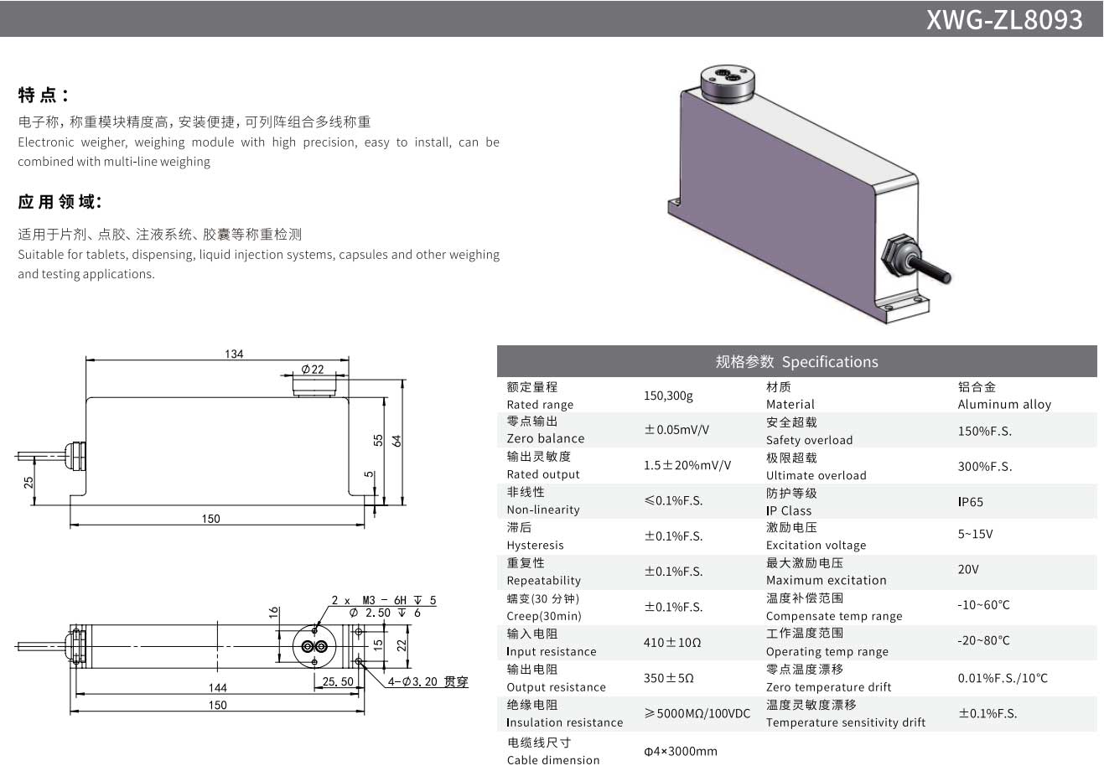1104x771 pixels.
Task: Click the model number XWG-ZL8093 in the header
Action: pos(1003,19)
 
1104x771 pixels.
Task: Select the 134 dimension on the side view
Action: pos(234,354)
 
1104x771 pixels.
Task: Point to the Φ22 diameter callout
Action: pos(313,370)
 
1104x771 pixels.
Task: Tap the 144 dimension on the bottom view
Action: pos(217,687)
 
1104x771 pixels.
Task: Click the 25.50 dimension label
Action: pos(338,682)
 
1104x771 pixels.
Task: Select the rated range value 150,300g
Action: pos(668,396)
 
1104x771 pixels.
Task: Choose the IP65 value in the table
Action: pos(971,502)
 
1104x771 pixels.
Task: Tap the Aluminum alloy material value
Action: pos(1004,404)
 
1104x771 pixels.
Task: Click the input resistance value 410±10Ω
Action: pos(672,643)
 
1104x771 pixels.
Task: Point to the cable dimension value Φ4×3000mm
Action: pos(681,751)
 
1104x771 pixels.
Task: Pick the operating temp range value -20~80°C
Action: pos(983,641)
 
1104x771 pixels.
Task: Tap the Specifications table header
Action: pos(796,362)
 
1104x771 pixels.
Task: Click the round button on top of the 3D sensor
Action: pos(727,82)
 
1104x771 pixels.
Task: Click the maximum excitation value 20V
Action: pos(968,570)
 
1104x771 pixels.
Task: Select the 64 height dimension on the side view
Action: pos(397,439)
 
